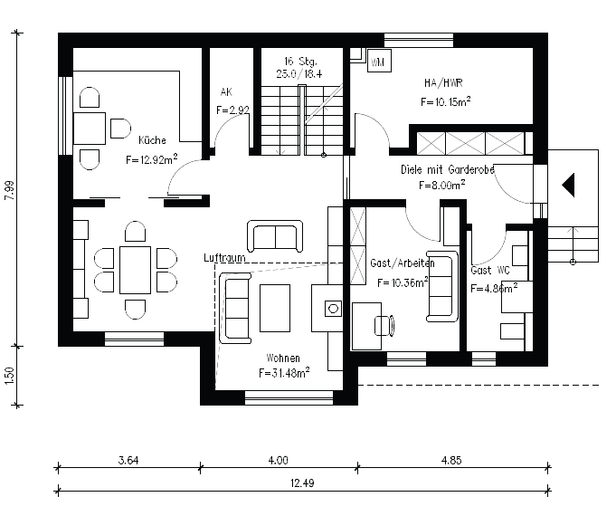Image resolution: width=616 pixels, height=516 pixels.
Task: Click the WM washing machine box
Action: [379, 61]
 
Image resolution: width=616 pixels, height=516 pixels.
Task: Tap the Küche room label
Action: [152, 140]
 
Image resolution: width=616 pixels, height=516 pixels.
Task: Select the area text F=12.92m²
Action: [152, 159]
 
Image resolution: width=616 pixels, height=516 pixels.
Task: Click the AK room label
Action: [226, 92]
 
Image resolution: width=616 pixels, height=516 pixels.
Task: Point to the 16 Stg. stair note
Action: [300, 62]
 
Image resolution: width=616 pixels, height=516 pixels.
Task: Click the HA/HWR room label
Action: [443, 83]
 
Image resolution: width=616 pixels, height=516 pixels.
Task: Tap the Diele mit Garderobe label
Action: [448, 169]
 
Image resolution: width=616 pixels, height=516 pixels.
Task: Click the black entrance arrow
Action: [568, 185]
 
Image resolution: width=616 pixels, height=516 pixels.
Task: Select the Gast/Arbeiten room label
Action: [403, 263]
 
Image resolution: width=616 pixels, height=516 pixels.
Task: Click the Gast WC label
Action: [490, 270]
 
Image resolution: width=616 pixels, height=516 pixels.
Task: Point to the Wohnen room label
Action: [283, 358]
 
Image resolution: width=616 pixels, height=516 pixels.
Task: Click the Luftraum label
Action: [224, 258]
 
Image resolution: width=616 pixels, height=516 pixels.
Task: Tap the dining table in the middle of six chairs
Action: [135, 270]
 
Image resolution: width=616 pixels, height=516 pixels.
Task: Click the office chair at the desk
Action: [384, 325]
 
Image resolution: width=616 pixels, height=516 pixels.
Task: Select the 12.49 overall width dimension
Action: [302, 483]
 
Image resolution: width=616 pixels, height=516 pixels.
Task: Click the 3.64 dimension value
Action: [128, 460]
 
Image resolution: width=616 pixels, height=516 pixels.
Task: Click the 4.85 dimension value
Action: [451, 460]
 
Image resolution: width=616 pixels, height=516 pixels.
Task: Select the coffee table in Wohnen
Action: [275, 309]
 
